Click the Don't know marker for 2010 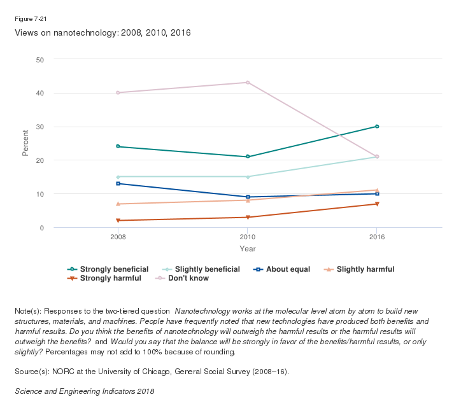(x=248, y=83)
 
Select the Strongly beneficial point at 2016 (x=377, y=127)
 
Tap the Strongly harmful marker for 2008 (x=118, y=221)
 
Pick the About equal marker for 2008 (x=118, y=184)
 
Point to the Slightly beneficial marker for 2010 (x=248, y=177)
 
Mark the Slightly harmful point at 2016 (x=377, y=190)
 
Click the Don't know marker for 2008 (x=118, y=93)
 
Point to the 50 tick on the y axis (x=39, y=60)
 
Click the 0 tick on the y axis (x=41, y=228)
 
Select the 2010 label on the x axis (x=248, y=237)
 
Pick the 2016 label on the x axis (x=377, y=237)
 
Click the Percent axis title (x=25, y=143)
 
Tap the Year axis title (x=248, y=248)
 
